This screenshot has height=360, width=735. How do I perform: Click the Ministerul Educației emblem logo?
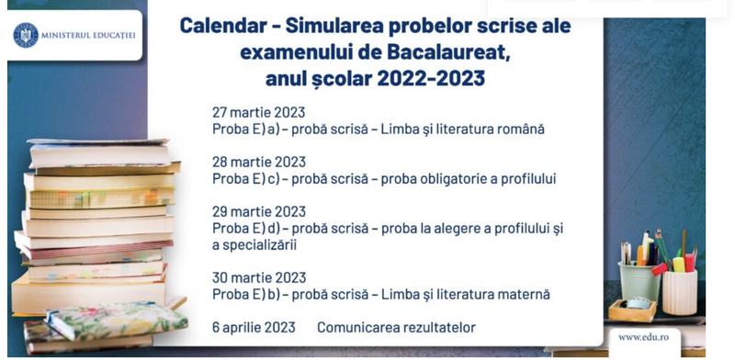[26, 35]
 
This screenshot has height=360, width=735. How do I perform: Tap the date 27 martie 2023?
[258, 112]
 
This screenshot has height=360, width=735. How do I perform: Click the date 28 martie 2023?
[258, 162]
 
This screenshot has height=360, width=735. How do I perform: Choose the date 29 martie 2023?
[258, 211]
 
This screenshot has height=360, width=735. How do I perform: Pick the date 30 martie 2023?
[258, 277]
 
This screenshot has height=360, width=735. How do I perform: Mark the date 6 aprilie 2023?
[254, 328]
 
